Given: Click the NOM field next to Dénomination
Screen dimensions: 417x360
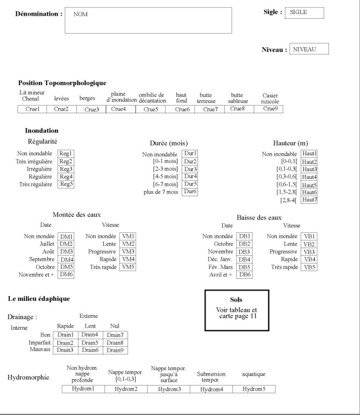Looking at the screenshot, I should [x=148, y=20].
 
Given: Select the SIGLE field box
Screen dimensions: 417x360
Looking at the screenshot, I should [x=304, y=12].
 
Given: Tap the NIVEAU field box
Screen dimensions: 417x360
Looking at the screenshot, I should [x=308, y=50].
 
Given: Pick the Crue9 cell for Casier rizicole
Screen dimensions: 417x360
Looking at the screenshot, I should [x=270, y=109].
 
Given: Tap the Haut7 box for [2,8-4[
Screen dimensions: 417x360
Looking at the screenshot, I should [x=309, y=200].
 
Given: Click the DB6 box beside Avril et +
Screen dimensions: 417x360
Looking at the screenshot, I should [x=244, y=274].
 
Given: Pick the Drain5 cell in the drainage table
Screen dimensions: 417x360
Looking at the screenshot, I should [x=89, y=342].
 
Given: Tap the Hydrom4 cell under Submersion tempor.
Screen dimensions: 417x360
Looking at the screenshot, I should [x=211, y=389].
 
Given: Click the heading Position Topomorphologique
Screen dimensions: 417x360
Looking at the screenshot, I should [x=63, y=83].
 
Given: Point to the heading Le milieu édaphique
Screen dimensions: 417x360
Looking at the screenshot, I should [x=39, y=299].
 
